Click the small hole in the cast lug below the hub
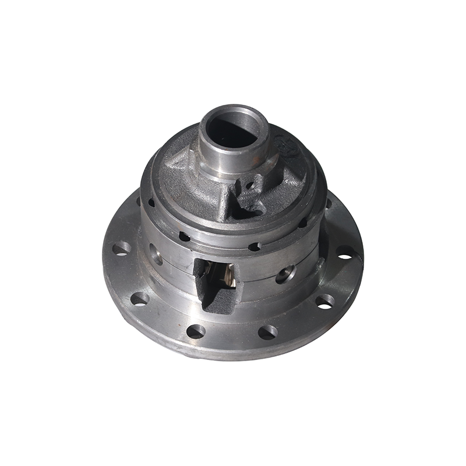[x=249, y=186]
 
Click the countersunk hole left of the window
[x=156, y=254]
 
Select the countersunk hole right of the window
[x=285, y=274]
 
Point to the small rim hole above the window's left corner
[x=184, y=236]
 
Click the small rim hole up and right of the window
[x=254, y=246]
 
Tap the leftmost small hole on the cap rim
[x=151, y=203]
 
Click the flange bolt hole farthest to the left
[x=121, y=249]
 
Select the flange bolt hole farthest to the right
[x=345, y=252]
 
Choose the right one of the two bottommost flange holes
[x=267, y=332]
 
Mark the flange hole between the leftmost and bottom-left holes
[x=140, y=299]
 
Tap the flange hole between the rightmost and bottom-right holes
[x=324, y=301]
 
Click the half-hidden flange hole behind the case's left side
[x=139, y=201]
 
